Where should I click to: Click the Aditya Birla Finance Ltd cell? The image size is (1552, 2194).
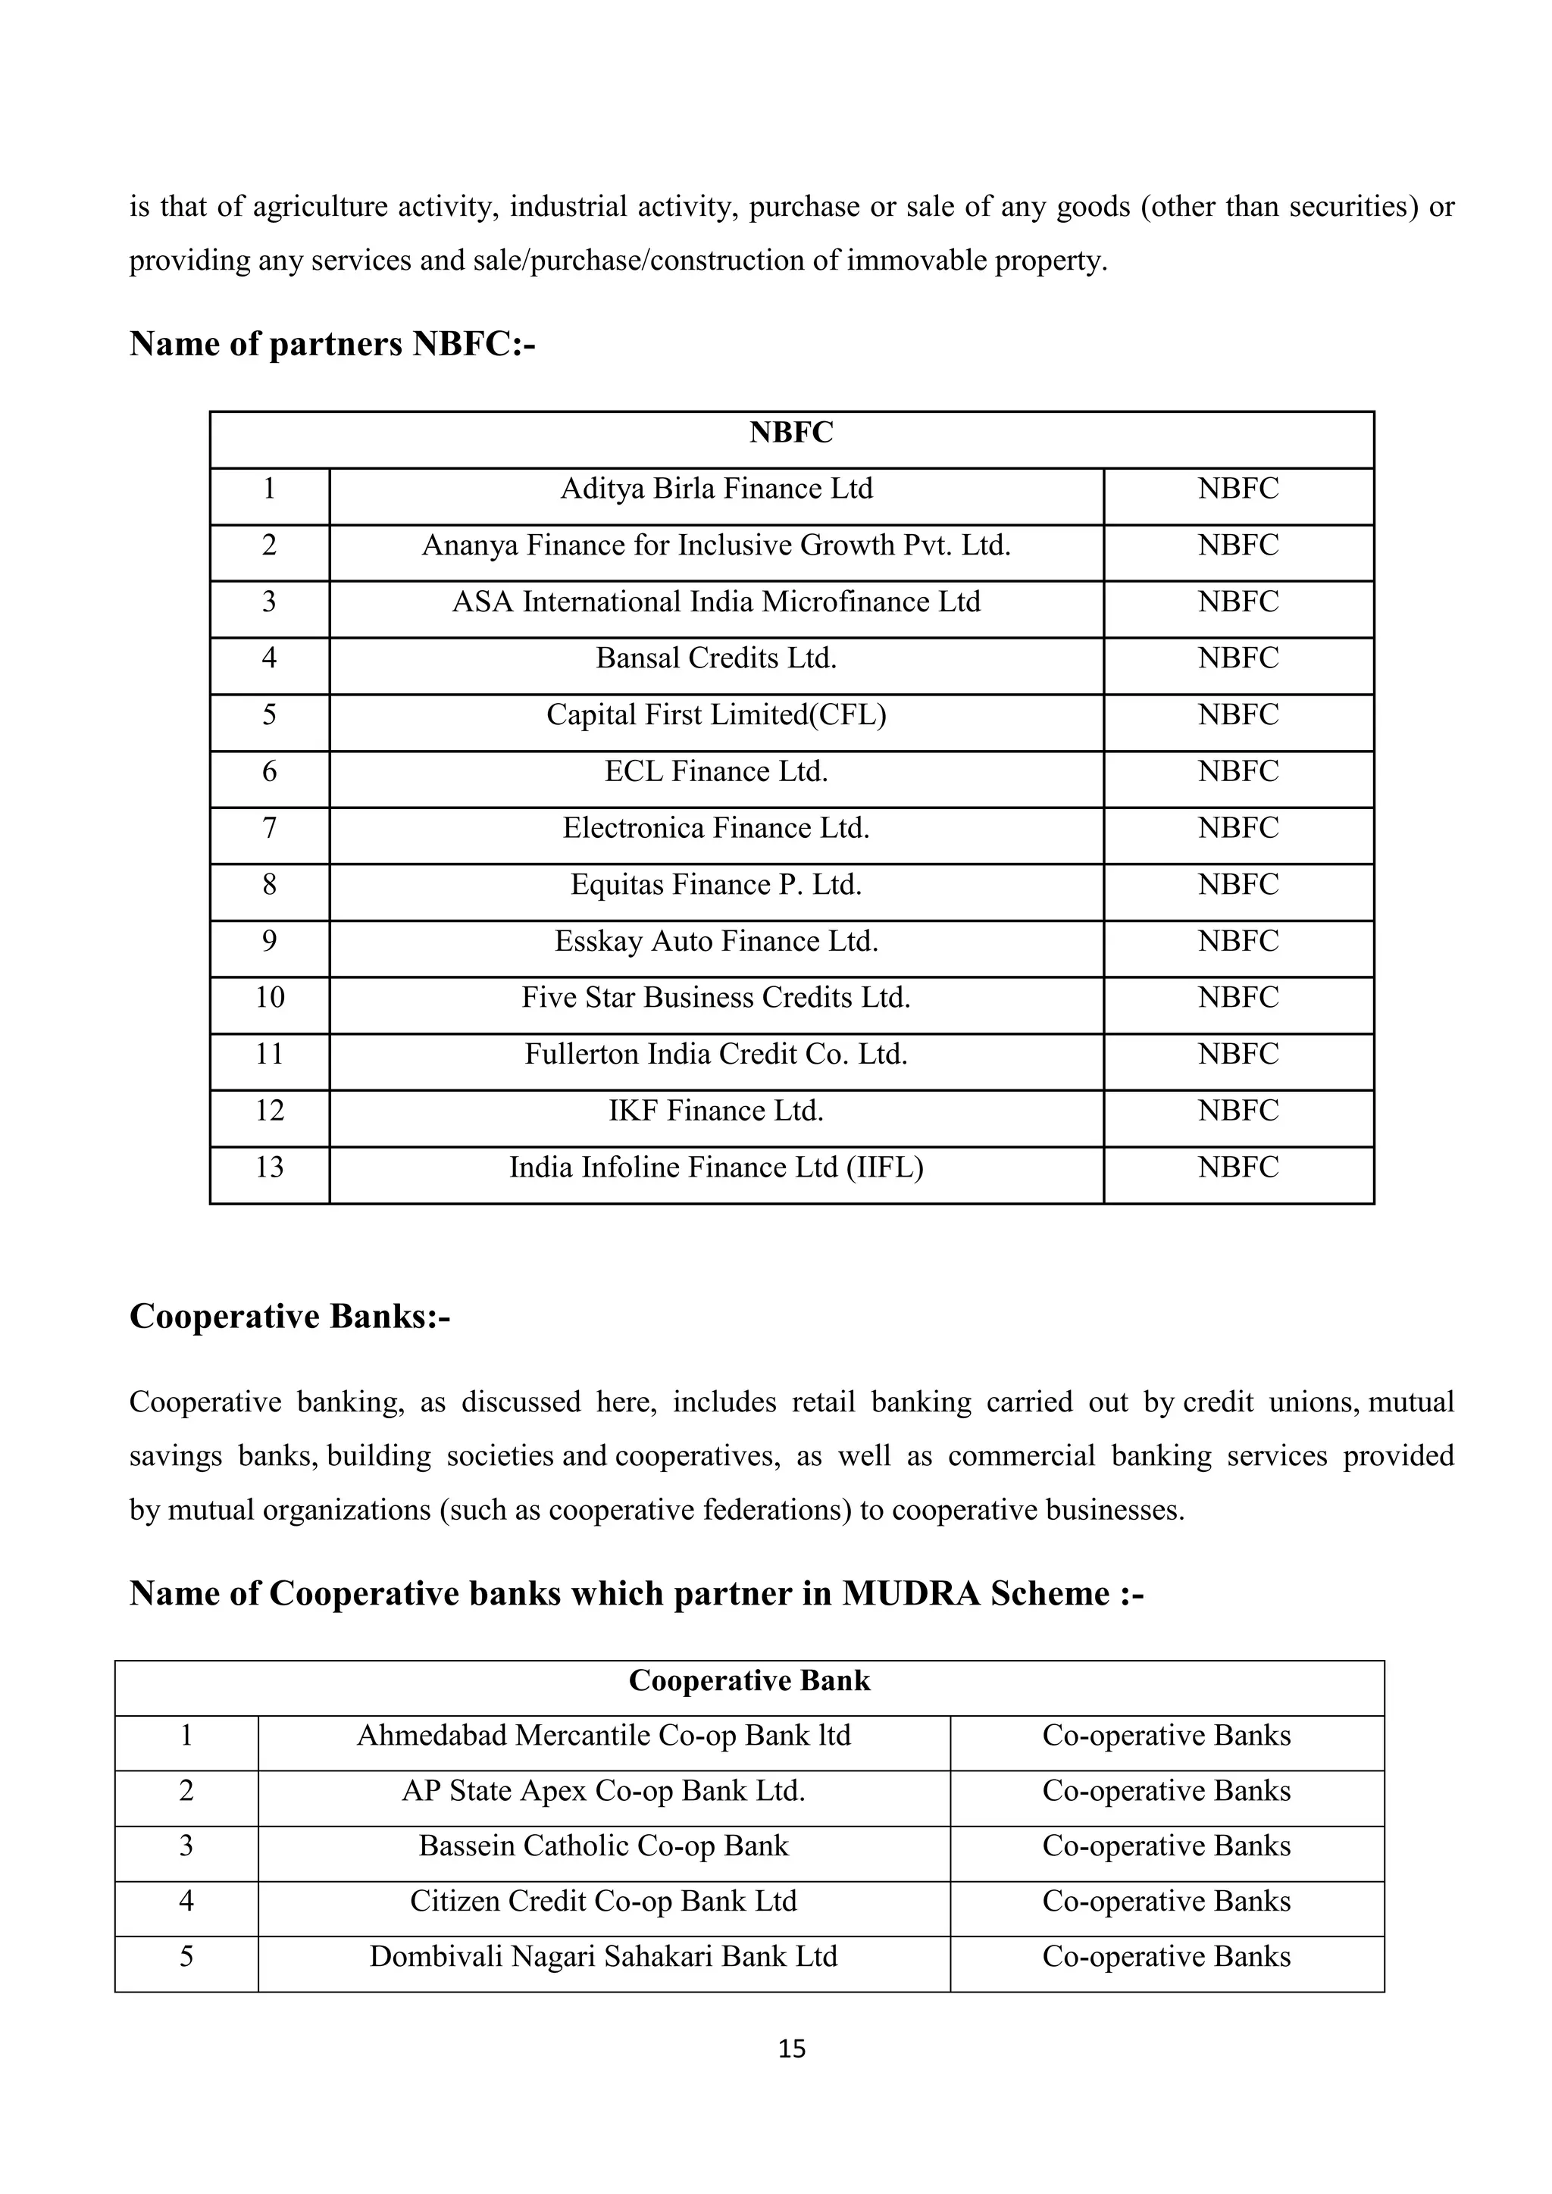716,489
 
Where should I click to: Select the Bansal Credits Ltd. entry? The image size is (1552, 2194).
716,658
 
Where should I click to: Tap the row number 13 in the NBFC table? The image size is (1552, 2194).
270,1167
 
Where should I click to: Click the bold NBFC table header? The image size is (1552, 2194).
791,433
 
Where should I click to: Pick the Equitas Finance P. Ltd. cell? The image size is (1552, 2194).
716,885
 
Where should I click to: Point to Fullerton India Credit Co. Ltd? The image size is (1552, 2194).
716,1054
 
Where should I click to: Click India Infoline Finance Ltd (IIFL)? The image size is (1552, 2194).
716,1167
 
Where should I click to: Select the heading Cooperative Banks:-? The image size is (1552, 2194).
289,1317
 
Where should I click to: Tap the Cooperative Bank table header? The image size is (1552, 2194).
749,1681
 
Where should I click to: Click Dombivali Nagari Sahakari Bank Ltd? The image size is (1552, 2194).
603,1956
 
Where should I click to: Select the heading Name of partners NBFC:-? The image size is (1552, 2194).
332,344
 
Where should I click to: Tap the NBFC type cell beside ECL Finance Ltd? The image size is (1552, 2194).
1238,771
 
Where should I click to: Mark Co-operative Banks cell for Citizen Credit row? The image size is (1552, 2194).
1166,1901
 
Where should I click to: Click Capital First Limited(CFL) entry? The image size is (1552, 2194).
716,714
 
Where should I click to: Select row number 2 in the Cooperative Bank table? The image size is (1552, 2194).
186,1791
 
